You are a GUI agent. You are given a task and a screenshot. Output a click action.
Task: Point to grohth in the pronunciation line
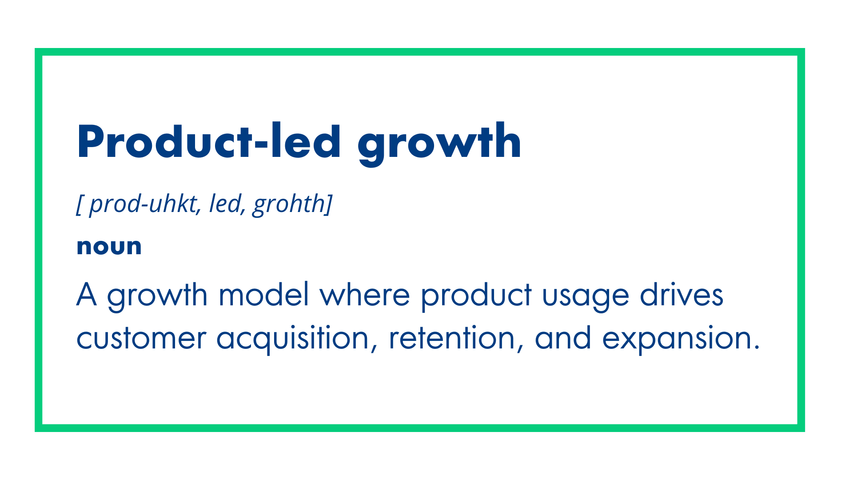pyautogui.click(x=289, y=204)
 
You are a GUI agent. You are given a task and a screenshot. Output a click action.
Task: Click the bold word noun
pyautogui.click(x=109, y=247)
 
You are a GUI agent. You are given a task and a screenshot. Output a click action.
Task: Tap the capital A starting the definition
pyautogui.click(x=87, y=295)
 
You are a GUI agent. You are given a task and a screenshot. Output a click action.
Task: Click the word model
pyautogui.click(x=263, y=295)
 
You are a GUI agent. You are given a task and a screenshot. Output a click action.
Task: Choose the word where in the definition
pyautogui.click(x=364, y=295)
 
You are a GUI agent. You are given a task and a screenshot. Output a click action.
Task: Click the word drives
pyautogui.click(x=682, y=295)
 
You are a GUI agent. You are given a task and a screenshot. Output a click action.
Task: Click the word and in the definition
pyautogui.click(x=563, y=338)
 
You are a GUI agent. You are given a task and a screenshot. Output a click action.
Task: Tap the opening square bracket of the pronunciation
pyautogui.click(x=79, y=204)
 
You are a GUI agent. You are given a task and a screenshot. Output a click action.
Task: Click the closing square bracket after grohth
pyautogui.click(x=329, y=204)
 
